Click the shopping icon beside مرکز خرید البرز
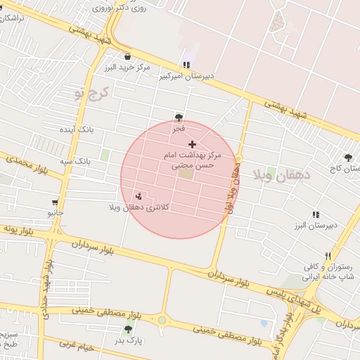[127, 57]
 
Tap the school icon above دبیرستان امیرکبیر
[186, 65]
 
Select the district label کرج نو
[93, 91]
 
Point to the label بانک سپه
[75, 161]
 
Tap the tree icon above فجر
[179, 117]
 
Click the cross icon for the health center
[192, 143]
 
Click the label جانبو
[56, 211]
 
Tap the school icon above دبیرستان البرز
[316, 214]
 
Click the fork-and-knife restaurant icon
[327, 256]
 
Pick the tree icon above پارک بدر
[128, 329]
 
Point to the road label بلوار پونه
[20, 229]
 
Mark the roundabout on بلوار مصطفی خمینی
[162, 320]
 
